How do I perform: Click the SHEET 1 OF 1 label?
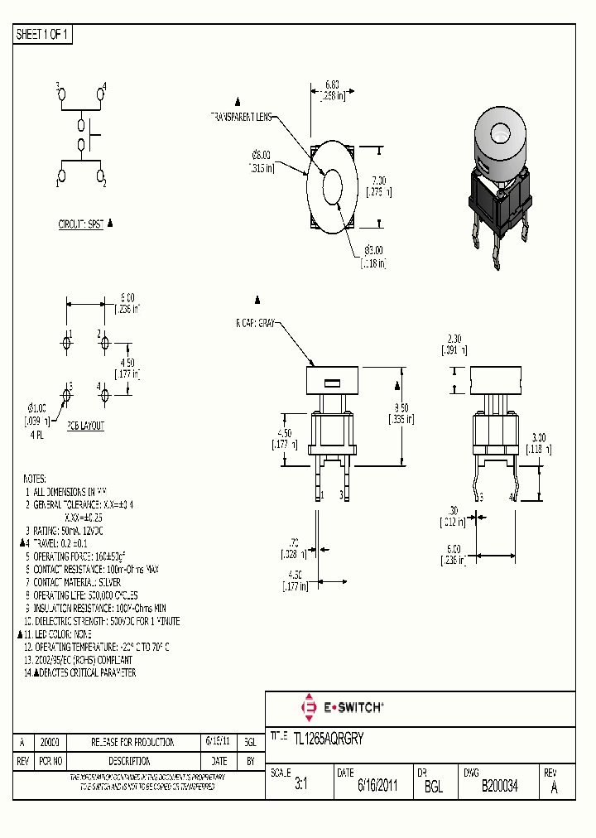tap(43, 35)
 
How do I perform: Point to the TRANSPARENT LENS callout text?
tap(240, 117)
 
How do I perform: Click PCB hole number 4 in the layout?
tap(105, 396)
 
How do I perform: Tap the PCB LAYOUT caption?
tap(86, 426)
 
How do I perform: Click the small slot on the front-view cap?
tap(331, 383)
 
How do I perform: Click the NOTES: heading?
tap(35, 479)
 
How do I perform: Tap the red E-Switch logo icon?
tap(309, 708)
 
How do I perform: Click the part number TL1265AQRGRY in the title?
tap(329, 736)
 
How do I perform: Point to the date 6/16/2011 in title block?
tap(377, 787)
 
